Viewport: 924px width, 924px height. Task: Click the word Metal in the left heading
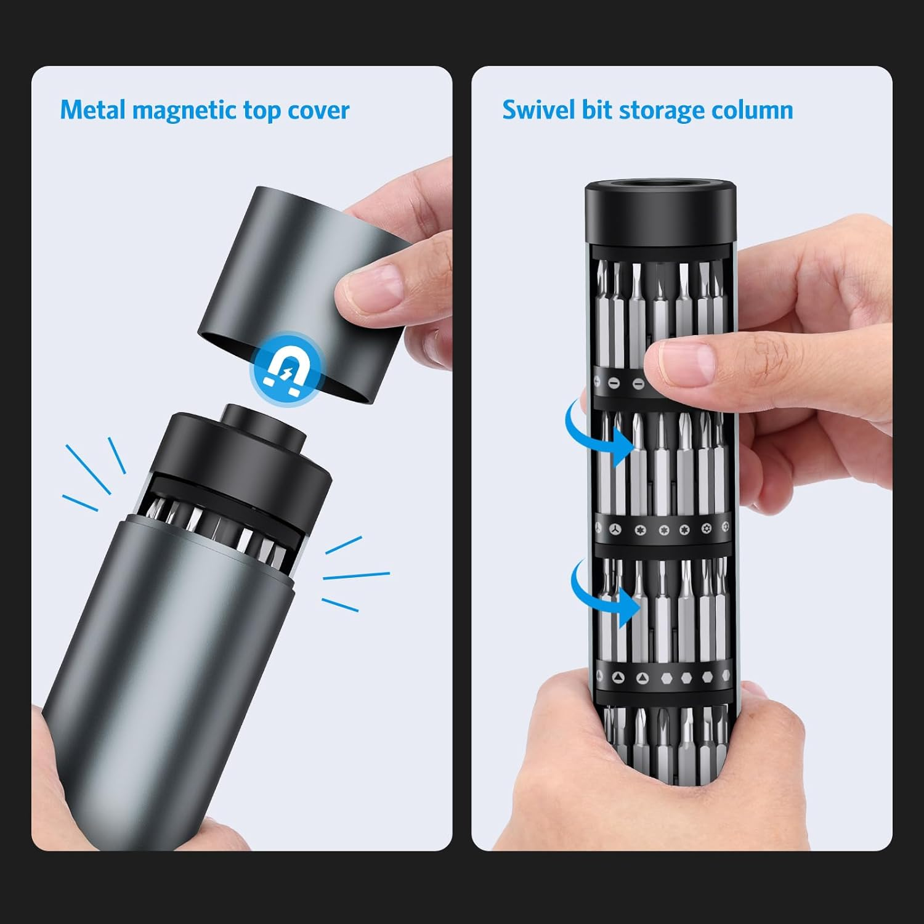pos(93,110)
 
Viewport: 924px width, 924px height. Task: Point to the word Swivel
pos(538,110)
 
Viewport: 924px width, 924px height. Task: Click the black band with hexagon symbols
pos(662,678)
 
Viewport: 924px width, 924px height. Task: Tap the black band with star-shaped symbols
pos(662,529)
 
